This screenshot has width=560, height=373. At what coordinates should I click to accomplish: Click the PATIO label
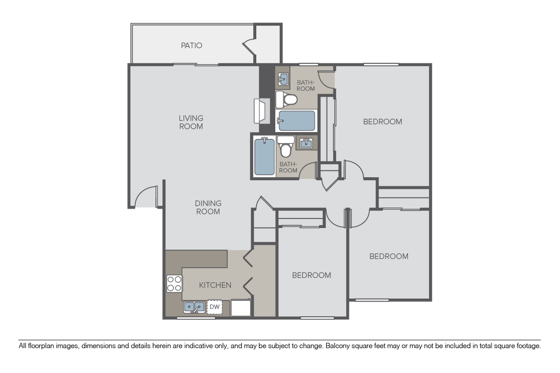click(x=191, y=46)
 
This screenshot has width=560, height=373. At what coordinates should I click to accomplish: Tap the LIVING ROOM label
click(x=191, y=122)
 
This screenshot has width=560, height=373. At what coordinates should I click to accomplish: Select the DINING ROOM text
click(x=208, y=207)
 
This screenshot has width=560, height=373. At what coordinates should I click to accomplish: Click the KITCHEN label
click(x=215, y=285)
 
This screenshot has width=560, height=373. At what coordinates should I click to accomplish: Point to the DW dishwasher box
click(x=215, y=307)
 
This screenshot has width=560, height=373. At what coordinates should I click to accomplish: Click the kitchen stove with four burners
click(x=174, y=283)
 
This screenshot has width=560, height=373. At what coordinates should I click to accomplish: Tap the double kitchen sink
click(x=194, y=307)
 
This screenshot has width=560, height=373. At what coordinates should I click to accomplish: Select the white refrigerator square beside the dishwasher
click(x=241, y=308)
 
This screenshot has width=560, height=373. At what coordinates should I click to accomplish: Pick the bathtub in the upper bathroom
click(x=296, y=121)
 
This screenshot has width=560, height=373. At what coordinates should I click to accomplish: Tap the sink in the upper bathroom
click(x=283, y=79)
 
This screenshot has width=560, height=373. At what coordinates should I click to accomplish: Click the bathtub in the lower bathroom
click(x=264, y=157)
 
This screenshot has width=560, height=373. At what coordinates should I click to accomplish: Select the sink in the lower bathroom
click(x=307, y=143)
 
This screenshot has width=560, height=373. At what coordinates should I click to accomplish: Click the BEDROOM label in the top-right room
click(x=383, y=121)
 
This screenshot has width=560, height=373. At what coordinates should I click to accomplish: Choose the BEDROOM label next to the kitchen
click(x=312, y=275)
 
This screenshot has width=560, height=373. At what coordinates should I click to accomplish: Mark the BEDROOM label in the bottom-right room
click(x=389, y=256)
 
